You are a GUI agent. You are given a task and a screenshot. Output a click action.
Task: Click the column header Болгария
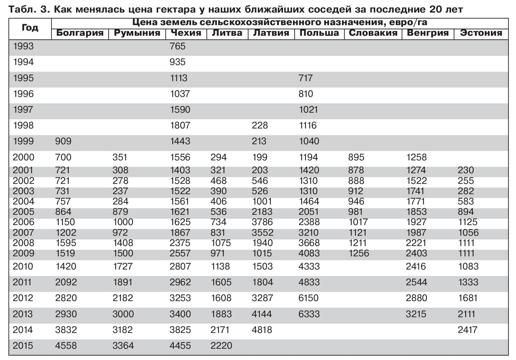click(80, 33)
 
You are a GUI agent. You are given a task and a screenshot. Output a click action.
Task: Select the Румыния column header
click(137, 33)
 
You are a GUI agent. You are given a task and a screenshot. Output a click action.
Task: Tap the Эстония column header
click(481, 33)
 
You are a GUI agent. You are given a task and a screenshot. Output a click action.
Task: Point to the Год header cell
click(30, 28)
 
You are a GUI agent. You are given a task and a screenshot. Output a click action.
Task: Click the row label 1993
click(23, 46)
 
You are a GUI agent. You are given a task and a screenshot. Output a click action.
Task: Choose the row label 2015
click(23, 346)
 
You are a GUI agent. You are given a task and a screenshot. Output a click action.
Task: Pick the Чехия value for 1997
click(180, 110)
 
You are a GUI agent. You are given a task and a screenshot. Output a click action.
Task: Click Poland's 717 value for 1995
click(306, 78)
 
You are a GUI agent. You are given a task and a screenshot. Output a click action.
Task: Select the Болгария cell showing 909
click(63, 141)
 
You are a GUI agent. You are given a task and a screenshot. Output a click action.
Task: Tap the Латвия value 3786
click(262, 222)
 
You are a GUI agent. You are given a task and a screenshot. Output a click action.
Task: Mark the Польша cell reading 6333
click(309, 314)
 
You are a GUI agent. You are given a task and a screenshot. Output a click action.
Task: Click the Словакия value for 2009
click(358, 253)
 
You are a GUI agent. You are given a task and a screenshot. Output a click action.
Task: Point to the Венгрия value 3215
click(416, 314)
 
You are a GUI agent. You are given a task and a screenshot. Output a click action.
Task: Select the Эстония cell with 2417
click(468, 330)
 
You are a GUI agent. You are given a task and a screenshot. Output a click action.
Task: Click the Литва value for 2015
click(221, 346)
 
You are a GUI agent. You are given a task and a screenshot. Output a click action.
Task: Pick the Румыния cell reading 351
click(120, 157)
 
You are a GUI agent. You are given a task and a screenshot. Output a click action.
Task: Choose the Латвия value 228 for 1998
click(260, 126)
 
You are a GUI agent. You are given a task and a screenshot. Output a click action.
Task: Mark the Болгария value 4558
click(66, 346)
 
